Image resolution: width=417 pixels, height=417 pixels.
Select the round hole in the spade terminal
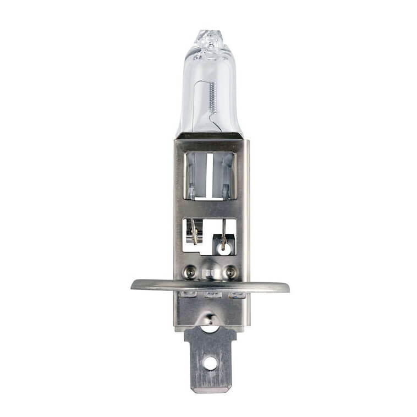tap(210, 363)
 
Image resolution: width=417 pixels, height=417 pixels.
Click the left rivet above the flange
tap(190, 270)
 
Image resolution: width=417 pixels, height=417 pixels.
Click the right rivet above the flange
tap(232, 270)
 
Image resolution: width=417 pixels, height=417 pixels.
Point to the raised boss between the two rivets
tap(211, 270)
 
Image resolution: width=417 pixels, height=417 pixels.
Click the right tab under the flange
tap(236, 295)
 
